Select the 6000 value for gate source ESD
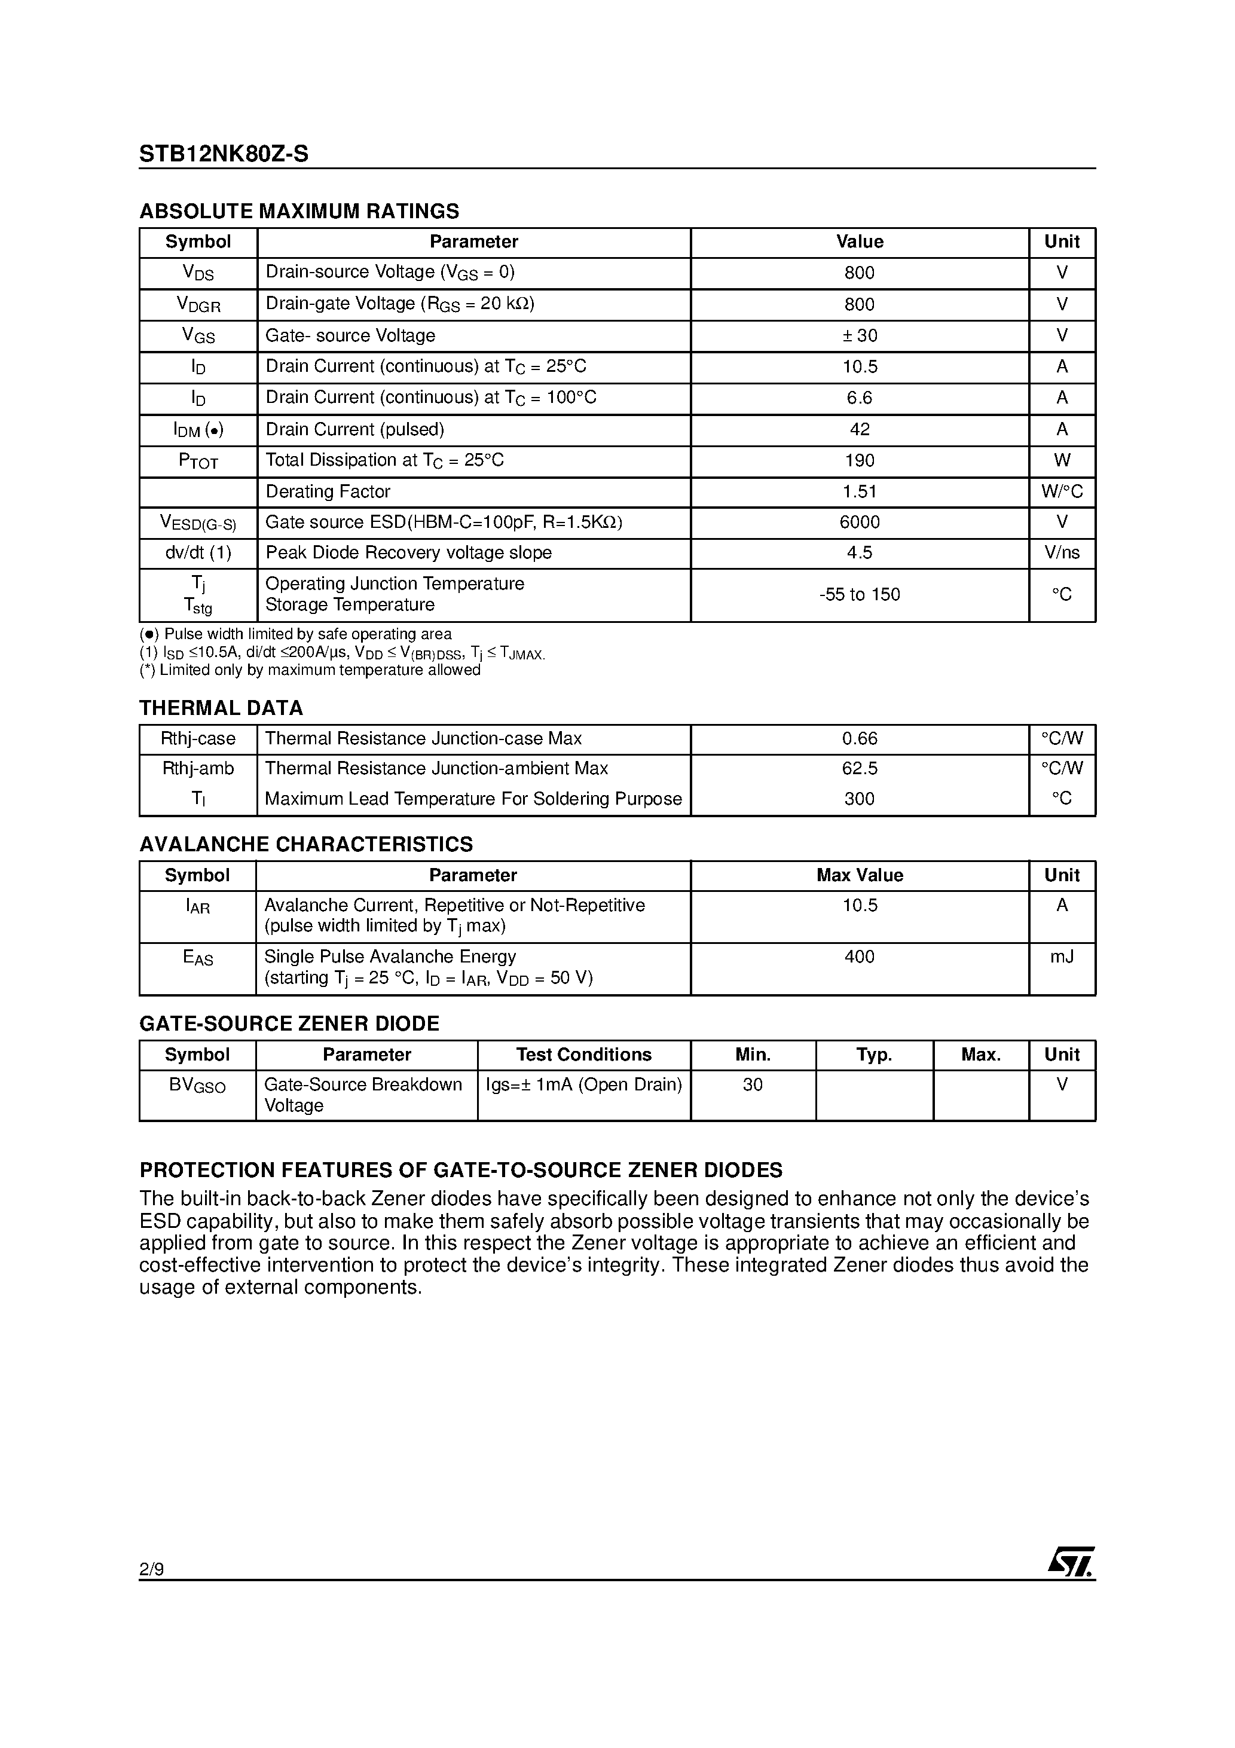tap(859, 522)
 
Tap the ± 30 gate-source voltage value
tap(859, 336)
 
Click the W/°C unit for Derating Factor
tap(1062, 492)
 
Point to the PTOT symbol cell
tap(198, 460)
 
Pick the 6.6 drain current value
tap(859, 398)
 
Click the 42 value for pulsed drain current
tap(859, 429)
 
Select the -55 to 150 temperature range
tap(859, 595)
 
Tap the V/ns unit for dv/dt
tap(1062, 553)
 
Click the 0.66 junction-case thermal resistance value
tap(859, 738)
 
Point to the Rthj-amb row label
tap(198, 769)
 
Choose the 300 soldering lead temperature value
tap(859, 799)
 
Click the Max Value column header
tap(859, 876)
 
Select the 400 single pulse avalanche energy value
tap(859, 957)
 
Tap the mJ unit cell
tap(1062, 957)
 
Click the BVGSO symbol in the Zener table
tap(197, 1085)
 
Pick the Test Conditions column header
tap(583, 1055)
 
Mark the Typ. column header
tap(873, 1055)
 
